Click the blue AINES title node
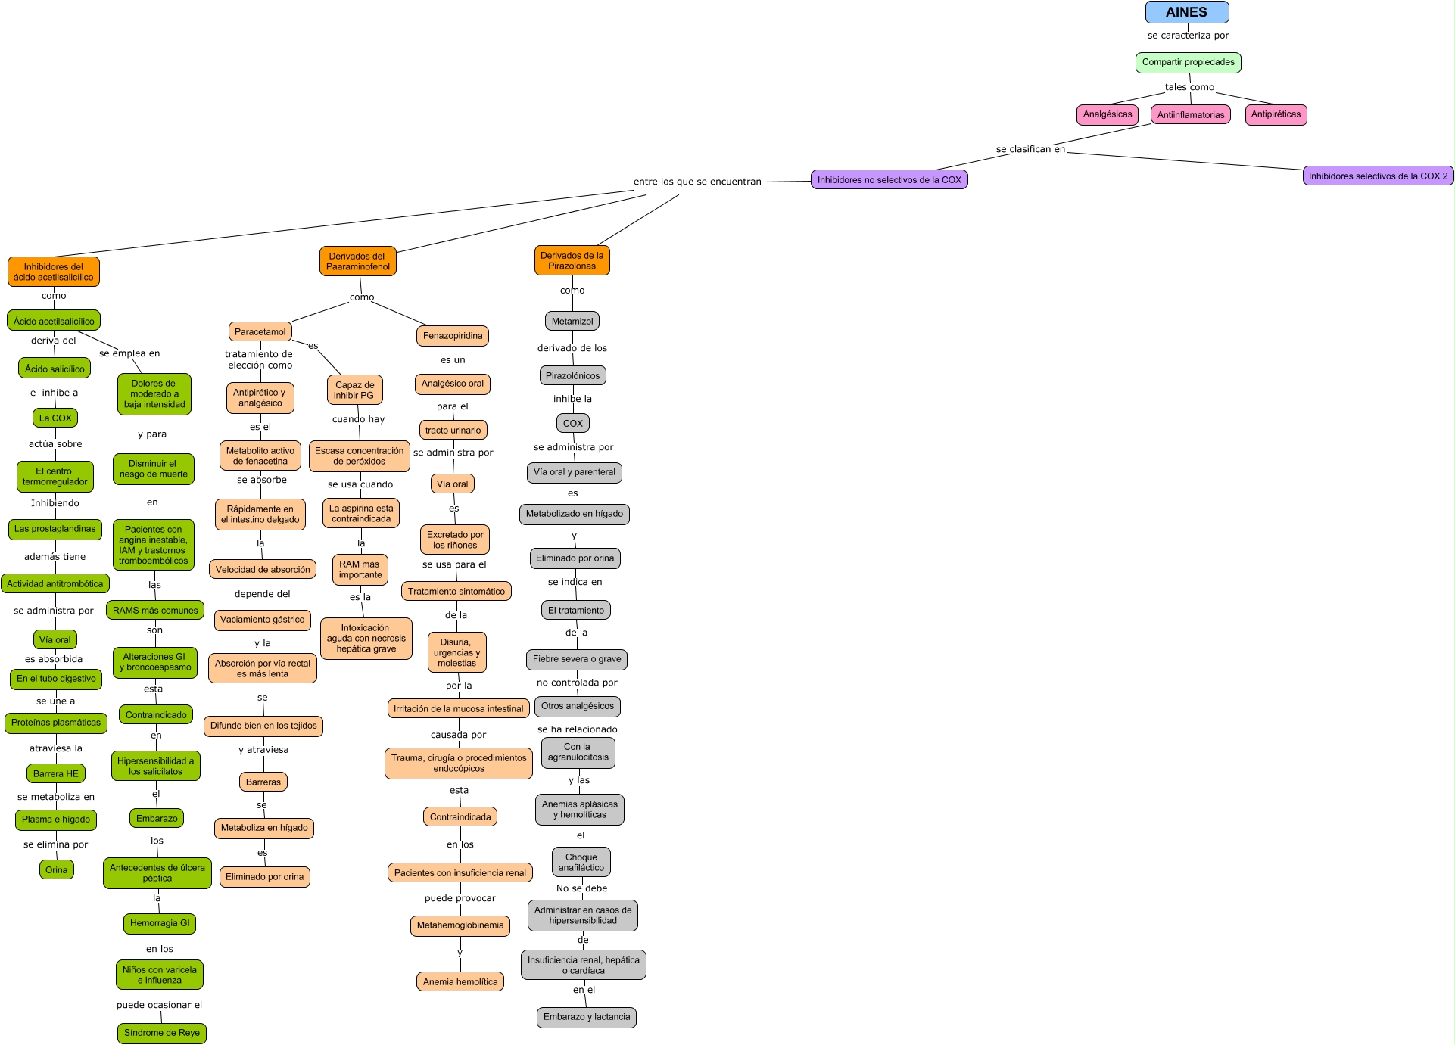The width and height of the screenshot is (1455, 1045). tap(1186, 12)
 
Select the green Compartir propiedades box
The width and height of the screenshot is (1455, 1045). tap(1188, 62)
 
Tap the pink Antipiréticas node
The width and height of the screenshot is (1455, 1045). tap(1276, 114)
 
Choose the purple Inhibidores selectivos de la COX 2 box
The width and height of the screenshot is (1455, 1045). tap(1378, 176)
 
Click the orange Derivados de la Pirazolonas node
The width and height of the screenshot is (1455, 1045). tap(572, 260)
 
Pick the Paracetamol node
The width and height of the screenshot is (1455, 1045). tap(260, 331)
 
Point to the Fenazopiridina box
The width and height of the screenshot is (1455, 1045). tap(453, 335)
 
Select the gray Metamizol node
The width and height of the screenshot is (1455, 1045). tap(572, 321)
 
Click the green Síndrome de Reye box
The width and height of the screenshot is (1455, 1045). tap(161, 1033)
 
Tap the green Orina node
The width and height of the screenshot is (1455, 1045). tap(56, 869)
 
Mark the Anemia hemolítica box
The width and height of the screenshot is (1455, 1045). tap(460, 981)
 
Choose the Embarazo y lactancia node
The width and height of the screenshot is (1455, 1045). tap(587, 1017)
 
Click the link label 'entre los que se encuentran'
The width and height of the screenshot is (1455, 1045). tap(697, 182)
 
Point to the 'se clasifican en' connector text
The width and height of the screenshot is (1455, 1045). tap(1030, 149)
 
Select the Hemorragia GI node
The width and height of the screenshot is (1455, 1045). tap(160, 923)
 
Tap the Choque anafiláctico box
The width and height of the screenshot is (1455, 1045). tap(581, 862)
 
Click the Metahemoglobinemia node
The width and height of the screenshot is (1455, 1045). tap(460, 925)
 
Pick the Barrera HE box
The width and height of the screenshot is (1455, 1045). tap(55, 773)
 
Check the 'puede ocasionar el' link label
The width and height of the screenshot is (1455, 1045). tap(159, 1005)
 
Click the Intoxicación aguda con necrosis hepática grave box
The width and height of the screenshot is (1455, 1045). tap(366, 638)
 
